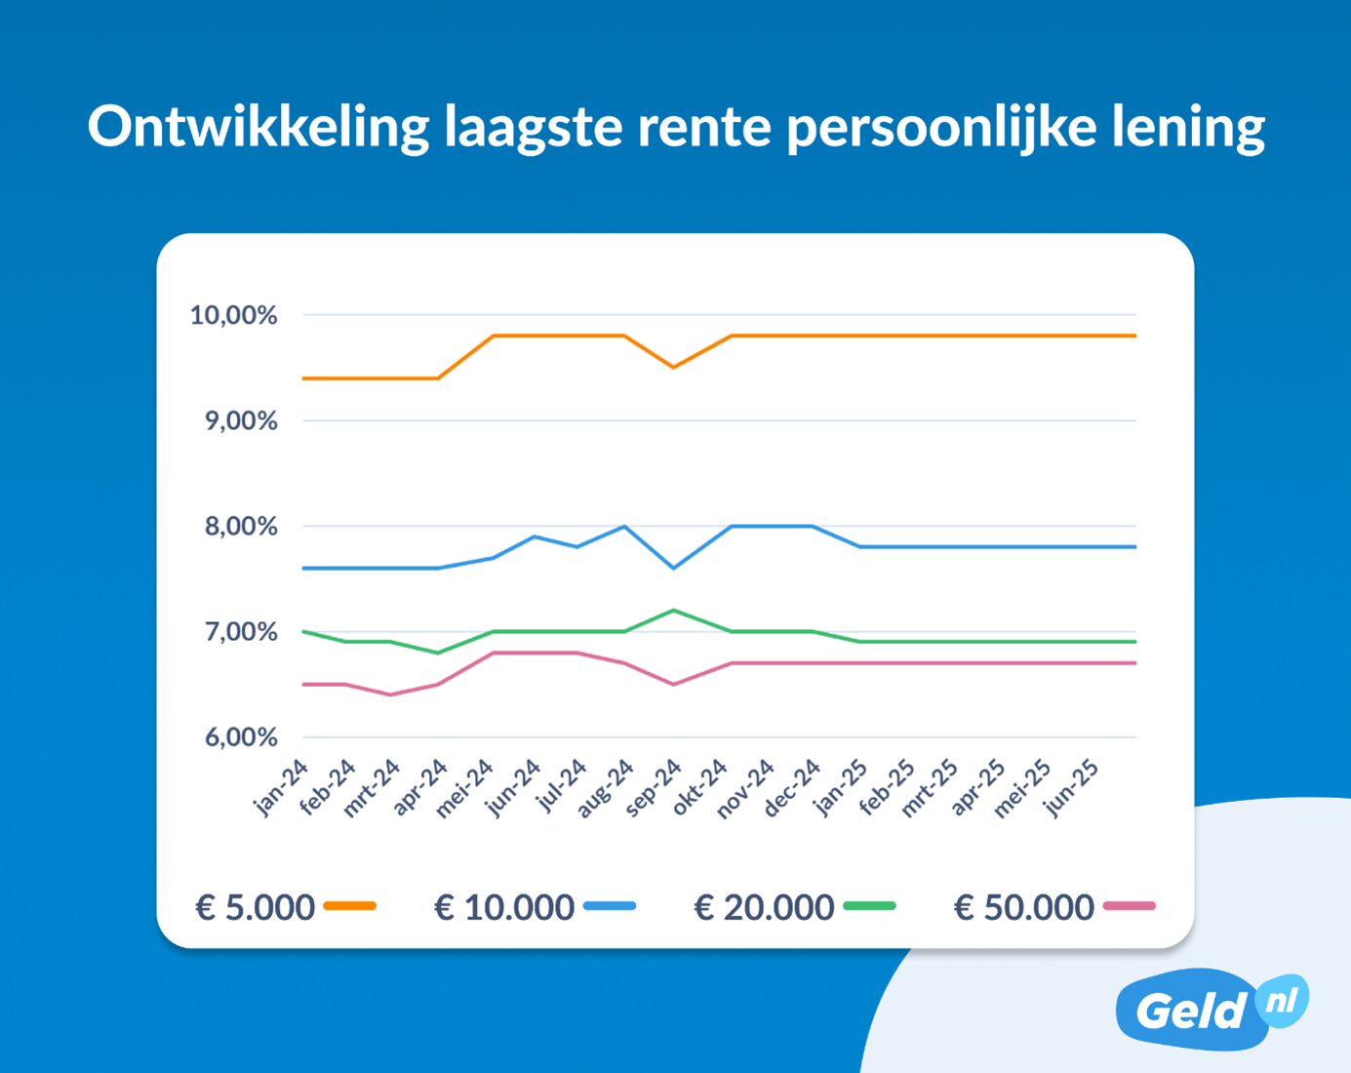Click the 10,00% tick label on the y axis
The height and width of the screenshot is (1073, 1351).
233,315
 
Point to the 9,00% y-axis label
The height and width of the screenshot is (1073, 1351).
240,420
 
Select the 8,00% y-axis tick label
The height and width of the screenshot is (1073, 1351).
240,527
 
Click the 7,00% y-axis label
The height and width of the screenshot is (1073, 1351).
240,632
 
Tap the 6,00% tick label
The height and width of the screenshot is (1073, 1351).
240,737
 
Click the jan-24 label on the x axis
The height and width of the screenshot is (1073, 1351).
281,787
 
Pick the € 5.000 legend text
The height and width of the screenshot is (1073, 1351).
256,907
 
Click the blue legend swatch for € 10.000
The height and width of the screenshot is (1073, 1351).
610,906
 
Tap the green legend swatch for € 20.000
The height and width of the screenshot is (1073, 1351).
869,906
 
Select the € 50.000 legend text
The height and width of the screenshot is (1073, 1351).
1024,907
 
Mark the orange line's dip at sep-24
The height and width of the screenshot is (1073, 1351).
673,367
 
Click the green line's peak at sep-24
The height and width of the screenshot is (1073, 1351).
673,611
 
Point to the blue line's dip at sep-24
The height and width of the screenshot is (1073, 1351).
673,568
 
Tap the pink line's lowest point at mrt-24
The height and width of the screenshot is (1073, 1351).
391,695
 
